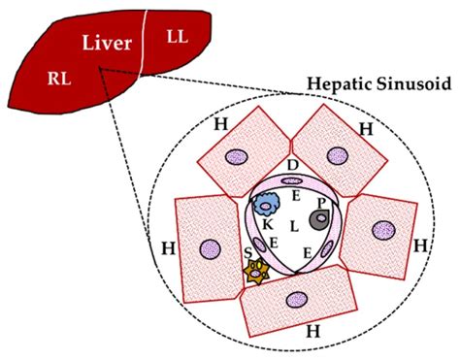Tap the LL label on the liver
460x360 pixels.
coord(178,36)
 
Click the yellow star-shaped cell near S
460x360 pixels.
coord(256,275)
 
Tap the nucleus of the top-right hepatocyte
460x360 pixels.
coord(338,154)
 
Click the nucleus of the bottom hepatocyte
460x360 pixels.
coord(299,301)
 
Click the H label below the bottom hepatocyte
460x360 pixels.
coord(312,332)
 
